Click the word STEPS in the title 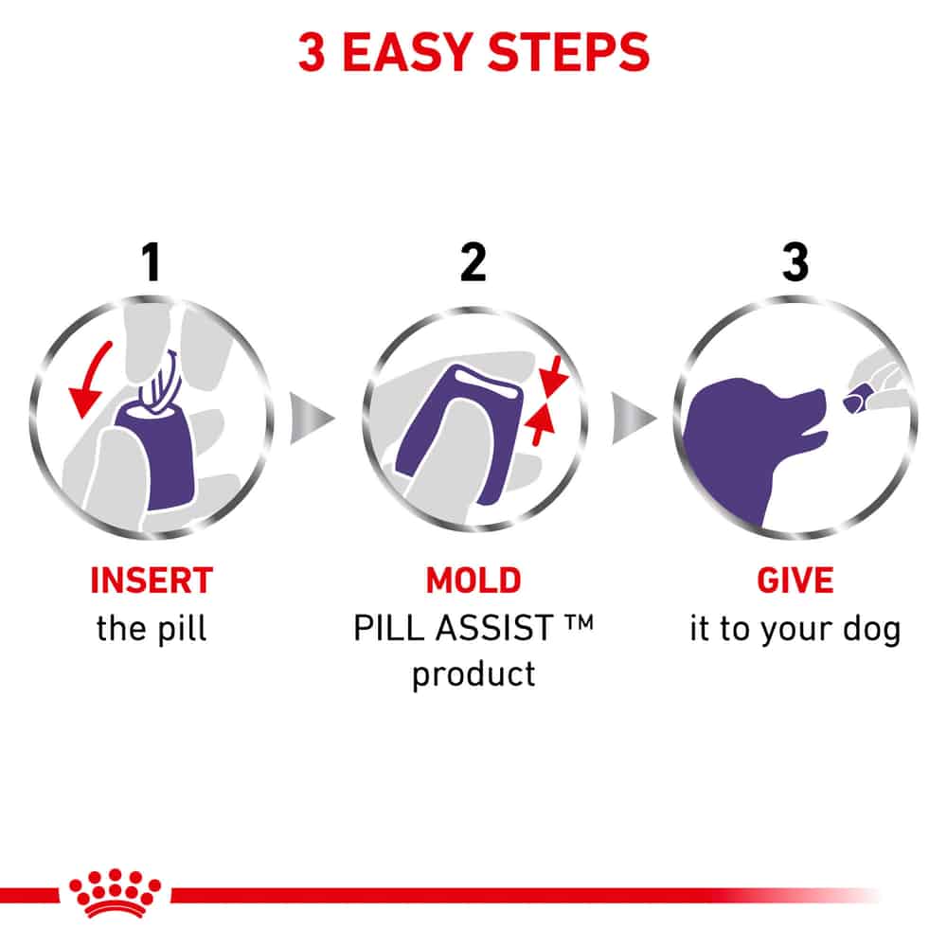pyautogui.click(x=568, y=52)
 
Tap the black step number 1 pyautogui.click(x=152, y=262)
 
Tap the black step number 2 pyautogui.click(x=473, y=262)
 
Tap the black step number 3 pyautogui.click(x=795, y=262)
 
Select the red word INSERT pyautogui.click(x=152, y=581)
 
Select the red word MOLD pyautogui.click(x=473, y=581)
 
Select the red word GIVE pyautogui.click(x=795, y=581)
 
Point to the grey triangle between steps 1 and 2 pyautogui.click(x=311, y=418)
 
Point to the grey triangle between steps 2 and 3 pyautogui.click(x=633, y=418)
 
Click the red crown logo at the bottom pyautogui.click(x=116, y=893)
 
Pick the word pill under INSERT pyautogui.click(x=182, y=629)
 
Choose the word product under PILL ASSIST pyautogui.click(x=473, y=674)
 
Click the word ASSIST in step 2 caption pyautogui.click(x=494, y=628)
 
